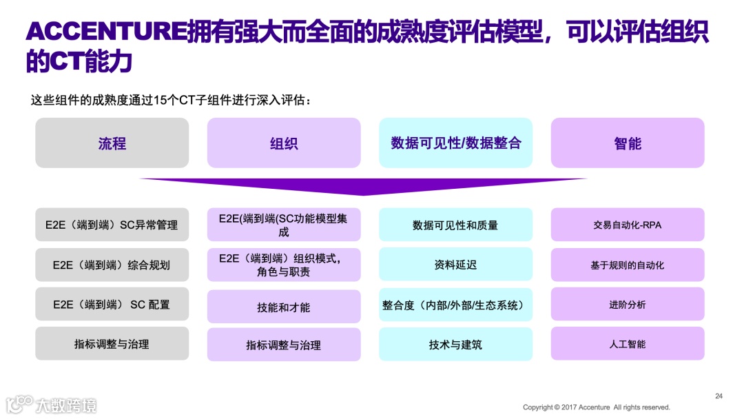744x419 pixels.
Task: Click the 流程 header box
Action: click(x=112, y=143)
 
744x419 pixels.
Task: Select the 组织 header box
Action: click(x=283, y=143)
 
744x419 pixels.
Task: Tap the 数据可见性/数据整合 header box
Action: click(x=455, y=143)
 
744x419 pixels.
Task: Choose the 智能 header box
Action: click(x=627, y=143)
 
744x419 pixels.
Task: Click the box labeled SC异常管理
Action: click(x=112, y=225)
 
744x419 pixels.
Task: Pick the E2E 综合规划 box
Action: click(x=112, y=265)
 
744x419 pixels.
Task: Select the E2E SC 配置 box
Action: click(x=112, y=304)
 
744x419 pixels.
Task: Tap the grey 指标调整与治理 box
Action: click(x=112, y=343)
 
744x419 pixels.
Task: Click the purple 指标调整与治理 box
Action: click(x=283, y=345)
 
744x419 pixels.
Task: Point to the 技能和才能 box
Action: click(x=283, y=307)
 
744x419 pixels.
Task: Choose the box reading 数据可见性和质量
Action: click(x=455, y=225)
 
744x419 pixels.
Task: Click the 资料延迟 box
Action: click(x=455, y=265)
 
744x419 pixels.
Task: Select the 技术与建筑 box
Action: click(x=455, y=344)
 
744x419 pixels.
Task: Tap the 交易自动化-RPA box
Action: click(x=627, y=225)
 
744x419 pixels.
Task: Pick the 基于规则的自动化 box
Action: click(x=627, y=265)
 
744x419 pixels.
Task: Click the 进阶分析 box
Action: click(x=627, y=304)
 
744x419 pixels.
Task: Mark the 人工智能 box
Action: click(x=627, y=343)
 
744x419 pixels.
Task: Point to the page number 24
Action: click(x=719, y=396)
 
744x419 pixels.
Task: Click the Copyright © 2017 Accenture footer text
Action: click(x=596, y=407)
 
